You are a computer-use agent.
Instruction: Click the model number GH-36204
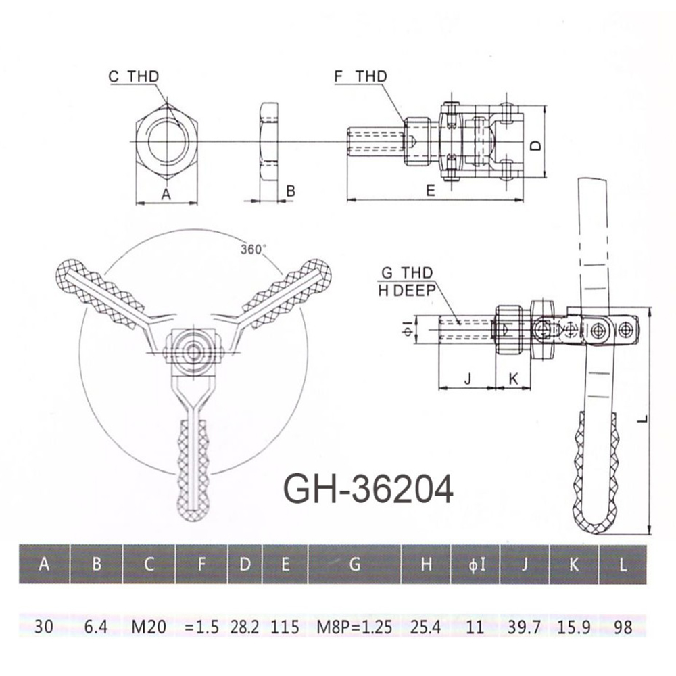368,489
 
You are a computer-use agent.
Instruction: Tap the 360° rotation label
253,249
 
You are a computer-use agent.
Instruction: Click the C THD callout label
134,77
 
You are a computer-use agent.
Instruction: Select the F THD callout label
361,76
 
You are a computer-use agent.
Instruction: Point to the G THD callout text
407,272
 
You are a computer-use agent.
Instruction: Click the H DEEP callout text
407,291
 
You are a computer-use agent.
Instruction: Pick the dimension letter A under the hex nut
166,195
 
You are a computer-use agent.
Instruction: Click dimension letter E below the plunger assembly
431,190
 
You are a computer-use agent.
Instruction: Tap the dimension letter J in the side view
468,379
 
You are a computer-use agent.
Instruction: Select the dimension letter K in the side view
513,379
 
